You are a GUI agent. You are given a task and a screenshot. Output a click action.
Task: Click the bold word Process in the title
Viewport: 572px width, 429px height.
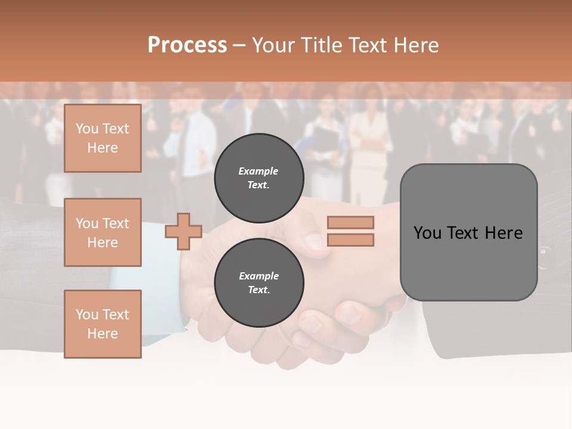click(x=187, y=45)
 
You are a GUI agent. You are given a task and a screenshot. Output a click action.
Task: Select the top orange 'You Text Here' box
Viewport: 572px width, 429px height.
click(x=102, y=138)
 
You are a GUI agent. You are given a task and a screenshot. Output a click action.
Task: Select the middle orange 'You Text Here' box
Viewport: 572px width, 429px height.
click(x=102, y=232)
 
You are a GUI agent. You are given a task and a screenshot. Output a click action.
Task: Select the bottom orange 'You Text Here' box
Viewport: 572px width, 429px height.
click(x=102, y=324)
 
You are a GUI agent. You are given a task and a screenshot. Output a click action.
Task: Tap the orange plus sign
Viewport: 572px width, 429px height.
click(x=184, y=231)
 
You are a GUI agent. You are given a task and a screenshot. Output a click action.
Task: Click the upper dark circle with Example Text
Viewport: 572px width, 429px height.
click(x=259, y=178)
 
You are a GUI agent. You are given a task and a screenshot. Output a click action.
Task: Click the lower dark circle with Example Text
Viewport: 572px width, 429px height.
click(x=259, y=283)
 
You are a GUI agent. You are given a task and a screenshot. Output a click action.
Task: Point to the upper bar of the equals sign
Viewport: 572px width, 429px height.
click(x=350, y=222)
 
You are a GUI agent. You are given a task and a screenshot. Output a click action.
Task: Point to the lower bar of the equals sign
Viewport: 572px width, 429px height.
click(x=350, y=240)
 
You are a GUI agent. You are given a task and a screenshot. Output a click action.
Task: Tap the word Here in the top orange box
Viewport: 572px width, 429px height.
click(x=102, y=148)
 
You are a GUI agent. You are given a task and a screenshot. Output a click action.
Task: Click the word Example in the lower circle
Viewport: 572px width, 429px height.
click(x=259, y=276)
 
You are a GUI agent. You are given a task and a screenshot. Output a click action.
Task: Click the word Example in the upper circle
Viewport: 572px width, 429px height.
click(x=259, y=171)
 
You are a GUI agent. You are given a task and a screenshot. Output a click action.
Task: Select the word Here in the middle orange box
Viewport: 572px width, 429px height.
click(x=102, y=243)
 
